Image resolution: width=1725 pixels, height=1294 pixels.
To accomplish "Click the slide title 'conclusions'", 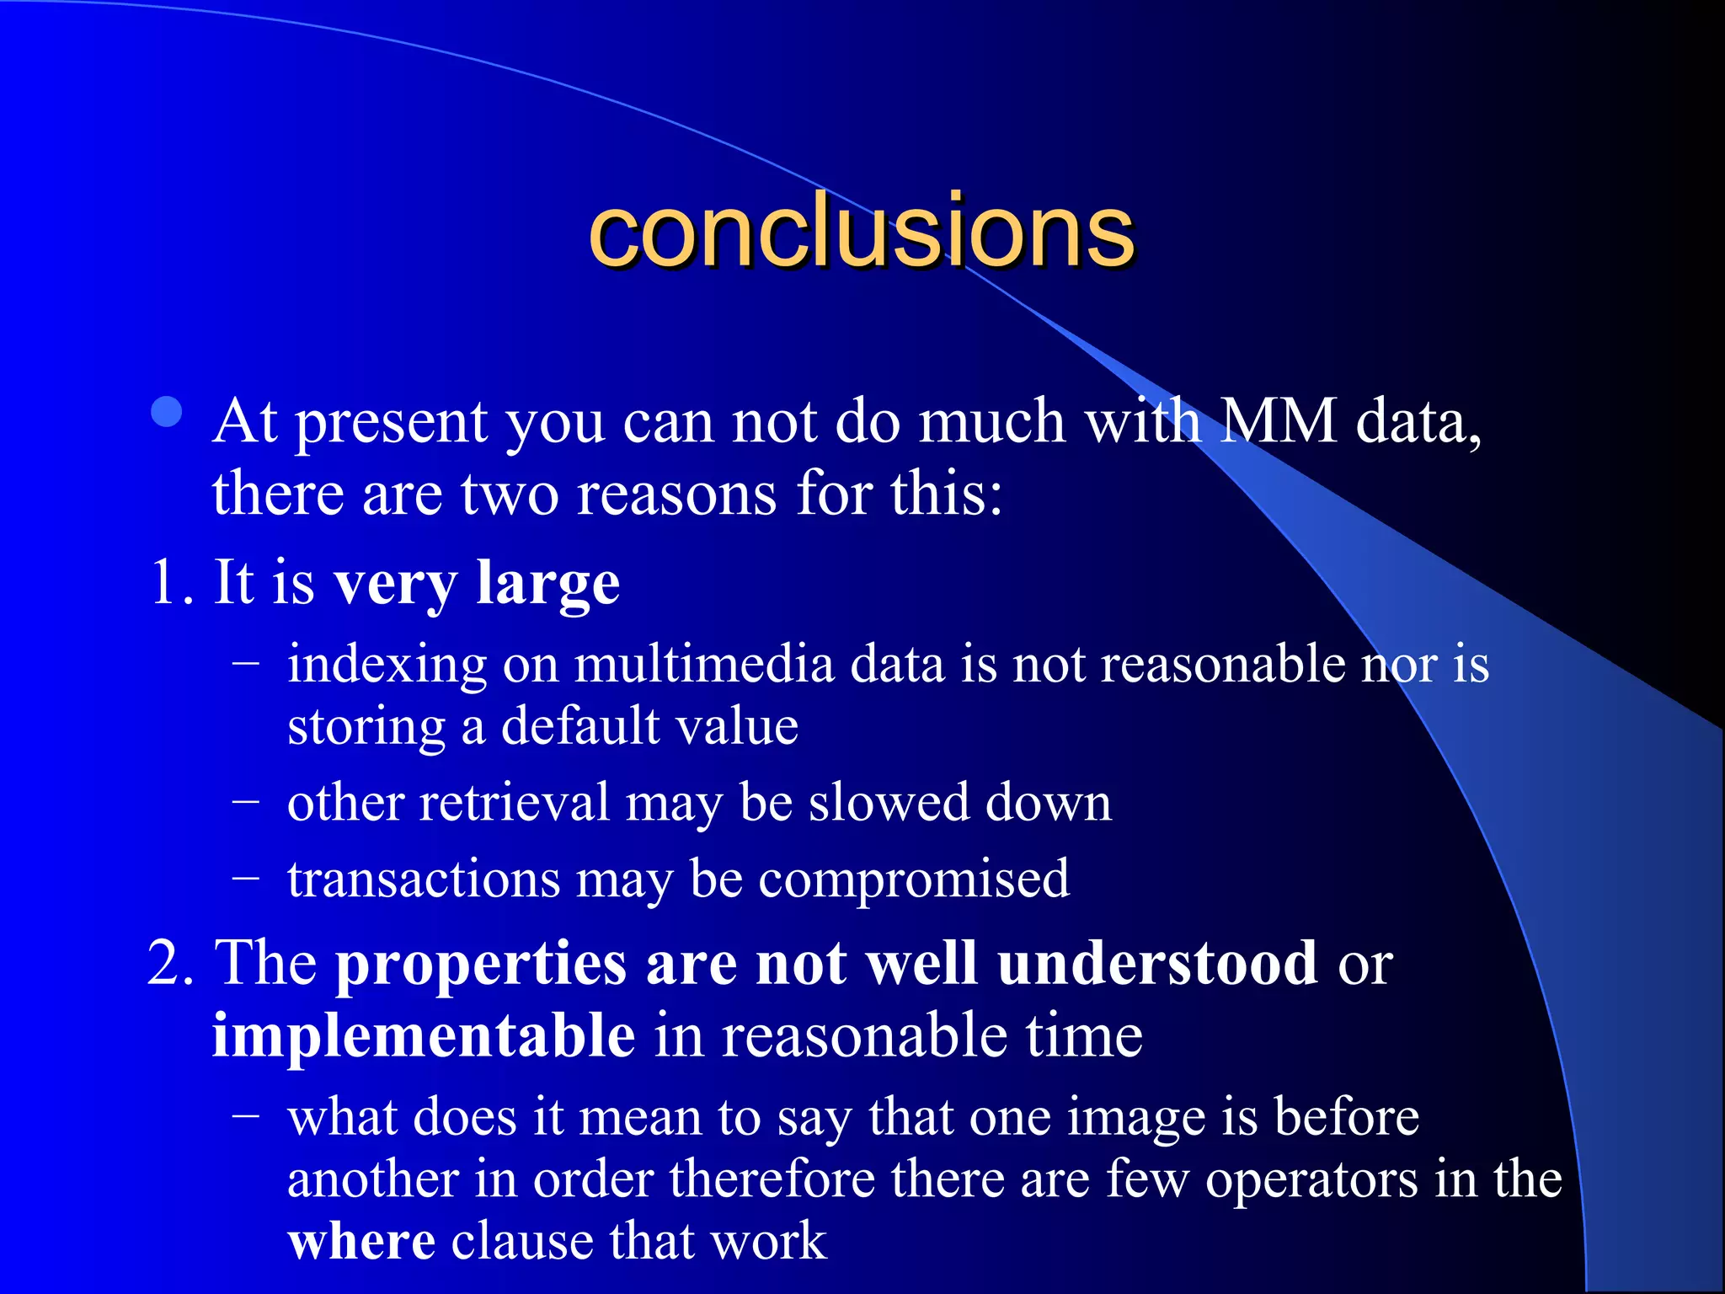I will click(861, 231).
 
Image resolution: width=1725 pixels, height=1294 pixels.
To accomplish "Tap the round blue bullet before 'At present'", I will click(168, 412).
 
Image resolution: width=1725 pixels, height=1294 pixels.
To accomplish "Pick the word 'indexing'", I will click(387, 666).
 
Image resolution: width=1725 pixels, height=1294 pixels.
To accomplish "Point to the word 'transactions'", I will click(424, 879).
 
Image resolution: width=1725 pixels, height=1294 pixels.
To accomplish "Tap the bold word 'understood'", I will click(1157, 962).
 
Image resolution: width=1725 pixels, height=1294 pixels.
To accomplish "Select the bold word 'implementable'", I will click(424, 1035).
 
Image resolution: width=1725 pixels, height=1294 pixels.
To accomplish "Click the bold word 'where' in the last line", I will click(361, 1241).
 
